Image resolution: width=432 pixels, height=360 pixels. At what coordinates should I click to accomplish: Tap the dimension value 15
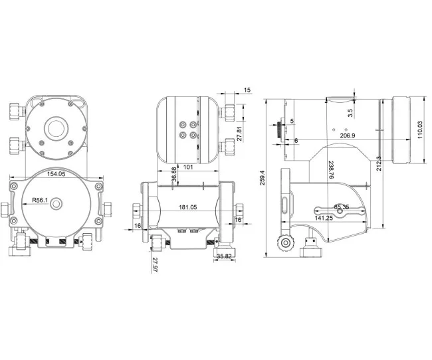[247, 90]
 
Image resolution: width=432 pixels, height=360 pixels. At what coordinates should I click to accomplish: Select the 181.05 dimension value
[189, 207]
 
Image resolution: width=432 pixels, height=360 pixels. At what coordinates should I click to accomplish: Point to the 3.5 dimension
[350, 104]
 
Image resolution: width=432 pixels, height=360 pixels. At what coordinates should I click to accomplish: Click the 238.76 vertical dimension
[330, 169]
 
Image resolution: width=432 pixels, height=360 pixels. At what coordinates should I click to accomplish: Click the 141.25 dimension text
[324, 218]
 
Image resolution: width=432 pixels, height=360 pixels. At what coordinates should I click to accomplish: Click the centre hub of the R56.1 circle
[55, 205]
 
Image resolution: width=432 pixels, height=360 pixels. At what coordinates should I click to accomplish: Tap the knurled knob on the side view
[287, 242]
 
